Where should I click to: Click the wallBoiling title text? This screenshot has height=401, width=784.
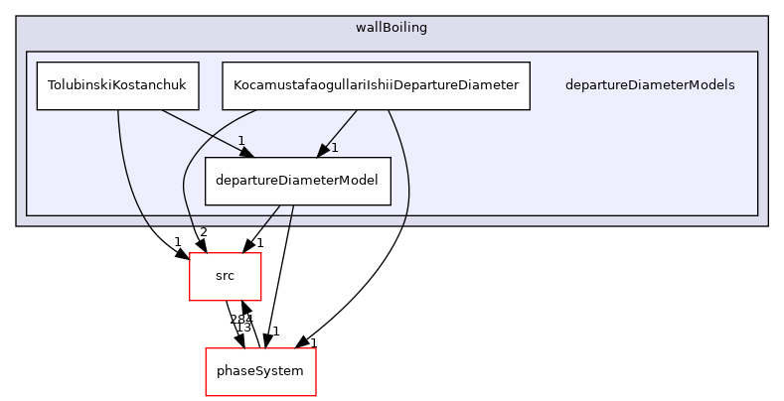click(392, 28)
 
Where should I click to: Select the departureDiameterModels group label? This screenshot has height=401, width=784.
click(649, 85)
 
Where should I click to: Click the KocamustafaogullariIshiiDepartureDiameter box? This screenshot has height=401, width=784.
click(376, 85)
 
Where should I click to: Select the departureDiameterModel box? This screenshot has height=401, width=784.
click(297, 181)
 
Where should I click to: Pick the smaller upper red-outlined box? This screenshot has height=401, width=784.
click(226, 277)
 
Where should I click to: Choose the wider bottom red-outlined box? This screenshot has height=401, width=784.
click(260, 372)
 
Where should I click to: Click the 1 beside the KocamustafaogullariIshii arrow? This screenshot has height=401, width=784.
click(335, 148)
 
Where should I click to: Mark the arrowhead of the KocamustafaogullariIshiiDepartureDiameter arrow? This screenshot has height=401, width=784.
click(322, 150)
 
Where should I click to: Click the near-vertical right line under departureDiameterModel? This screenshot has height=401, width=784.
click(290, 215)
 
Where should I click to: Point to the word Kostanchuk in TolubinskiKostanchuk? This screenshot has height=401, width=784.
click(155, 85)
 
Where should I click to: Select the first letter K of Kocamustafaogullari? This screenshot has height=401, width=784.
click(236, 85)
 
